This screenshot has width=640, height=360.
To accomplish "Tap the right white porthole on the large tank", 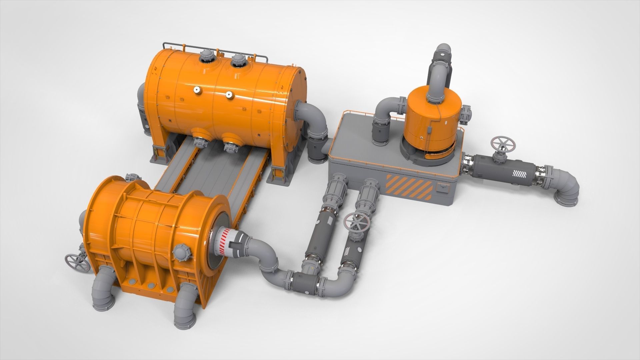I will click(x=229, y=95).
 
